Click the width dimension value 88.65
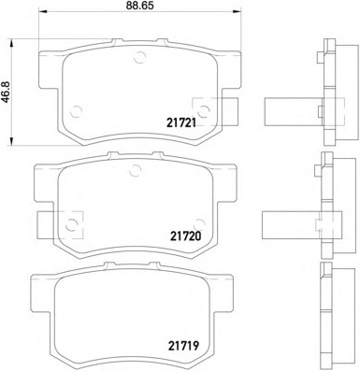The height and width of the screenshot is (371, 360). click(x=140, y=6)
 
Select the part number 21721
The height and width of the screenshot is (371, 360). click(x=181, y=123)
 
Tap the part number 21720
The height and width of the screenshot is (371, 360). click(x=186, y=235)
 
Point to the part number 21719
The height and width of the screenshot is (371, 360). click(x=183, y=346)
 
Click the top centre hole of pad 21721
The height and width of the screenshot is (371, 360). click(x=139, y=57)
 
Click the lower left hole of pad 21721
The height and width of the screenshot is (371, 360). click(x=76, y=111)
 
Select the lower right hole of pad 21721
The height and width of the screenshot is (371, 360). click(x=204, y=111)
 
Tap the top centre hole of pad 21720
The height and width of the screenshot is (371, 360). click(x=136, y=170)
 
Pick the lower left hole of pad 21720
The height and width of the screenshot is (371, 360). click(x=72, y=224)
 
